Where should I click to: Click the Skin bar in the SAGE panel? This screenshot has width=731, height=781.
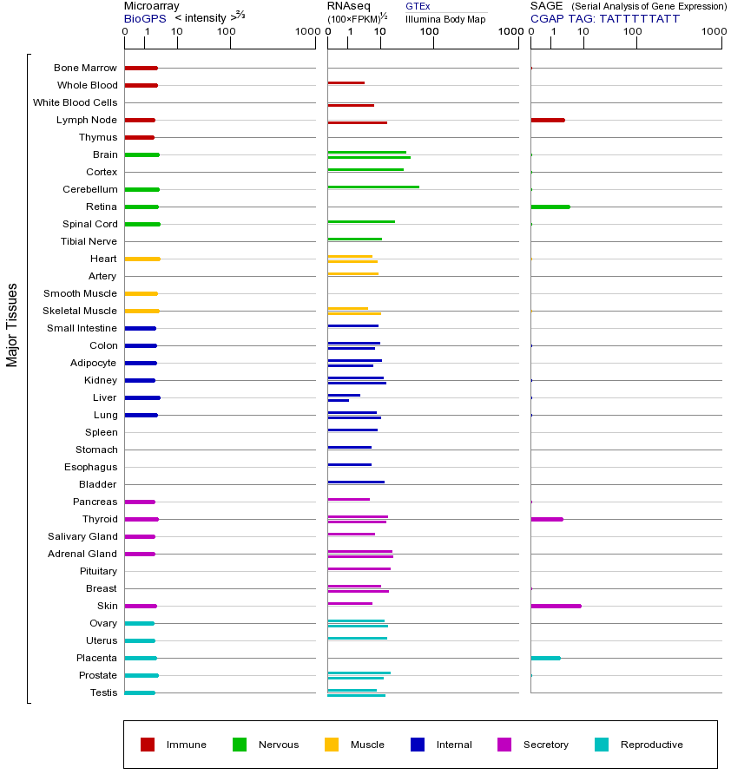coord(556,606)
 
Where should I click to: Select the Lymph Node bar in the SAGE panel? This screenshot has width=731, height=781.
coord(547,120)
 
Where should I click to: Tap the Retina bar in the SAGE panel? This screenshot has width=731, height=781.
coord(550,207)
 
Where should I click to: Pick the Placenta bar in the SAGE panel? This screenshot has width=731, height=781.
coord(545,658)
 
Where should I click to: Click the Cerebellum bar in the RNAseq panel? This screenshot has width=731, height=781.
coord(373,187)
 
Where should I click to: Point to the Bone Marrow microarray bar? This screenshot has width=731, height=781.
coord(141,68)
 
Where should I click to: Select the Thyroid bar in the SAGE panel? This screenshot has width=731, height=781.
coord(546,519)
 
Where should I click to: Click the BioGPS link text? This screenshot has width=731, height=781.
coord(142,18)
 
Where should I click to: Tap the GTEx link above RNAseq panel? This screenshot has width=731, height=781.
coord(418,6)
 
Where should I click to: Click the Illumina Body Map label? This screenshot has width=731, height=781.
coord(445,18)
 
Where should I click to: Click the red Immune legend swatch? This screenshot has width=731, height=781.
coord(148,745)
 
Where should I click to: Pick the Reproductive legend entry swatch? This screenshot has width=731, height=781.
coord(602,745)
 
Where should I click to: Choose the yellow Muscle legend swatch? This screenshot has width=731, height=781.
coord(332,745)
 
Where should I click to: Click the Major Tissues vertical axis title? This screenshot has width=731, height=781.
coord(12,325)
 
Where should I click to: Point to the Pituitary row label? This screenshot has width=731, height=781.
coord(97,571)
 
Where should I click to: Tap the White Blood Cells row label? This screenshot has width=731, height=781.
coord(75,102)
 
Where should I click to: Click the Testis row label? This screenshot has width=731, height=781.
coord(103,692)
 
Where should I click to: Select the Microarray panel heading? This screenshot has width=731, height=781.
coord(151,6)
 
